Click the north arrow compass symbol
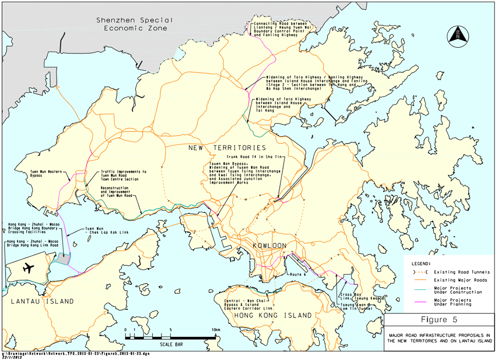click(x=459, y=35)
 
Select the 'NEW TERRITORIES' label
click(x=227, y=148)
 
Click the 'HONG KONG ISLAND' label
click(x=273, y=316)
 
